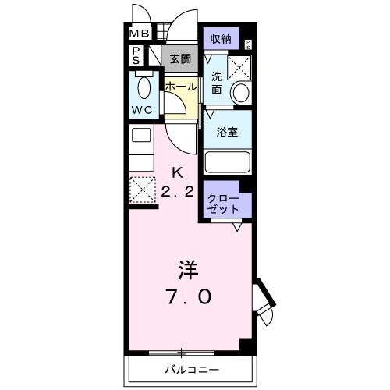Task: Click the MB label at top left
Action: (139, 34)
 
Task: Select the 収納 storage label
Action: (219, 38)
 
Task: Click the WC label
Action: (142, 109)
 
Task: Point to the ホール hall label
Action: (180, 87)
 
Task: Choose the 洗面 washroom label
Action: (217, 83)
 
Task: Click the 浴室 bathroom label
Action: (227, 131)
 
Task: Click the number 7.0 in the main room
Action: (187, 297)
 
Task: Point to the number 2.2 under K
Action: (179, 191)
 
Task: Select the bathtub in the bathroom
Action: (227, 163)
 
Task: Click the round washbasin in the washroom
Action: (241, 93)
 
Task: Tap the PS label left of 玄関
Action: (136, 55)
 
